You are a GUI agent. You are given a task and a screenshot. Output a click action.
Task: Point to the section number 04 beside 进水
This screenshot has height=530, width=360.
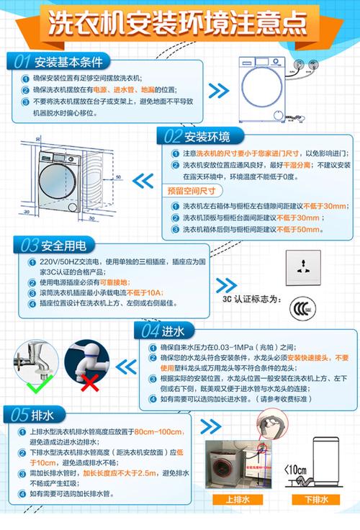[150, 331]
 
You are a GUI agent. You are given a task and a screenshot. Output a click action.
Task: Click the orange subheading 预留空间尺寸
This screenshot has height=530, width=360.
[191, 191]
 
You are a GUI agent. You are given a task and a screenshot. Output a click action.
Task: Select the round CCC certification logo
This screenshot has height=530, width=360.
[302, 310]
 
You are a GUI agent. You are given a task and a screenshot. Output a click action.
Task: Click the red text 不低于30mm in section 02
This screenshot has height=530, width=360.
[294, 218]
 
